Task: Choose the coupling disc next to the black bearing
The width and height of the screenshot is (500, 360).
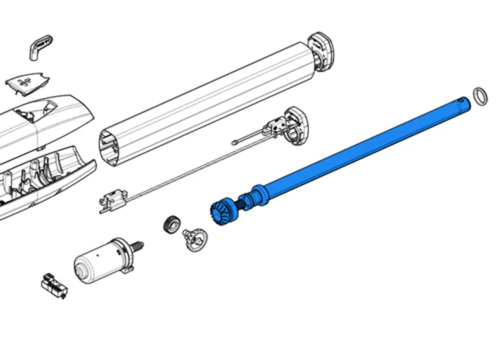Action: pos(194,237)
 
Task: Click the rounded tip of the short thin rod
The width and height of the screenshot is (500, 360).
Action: pos(234,143)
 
